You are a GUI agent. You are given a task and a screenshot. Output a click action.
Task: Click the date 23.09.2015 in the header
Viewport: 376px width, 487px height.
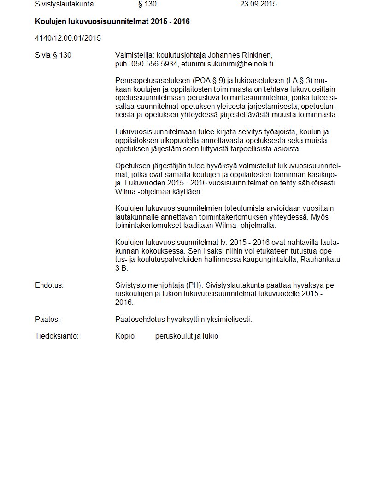pos(258,4)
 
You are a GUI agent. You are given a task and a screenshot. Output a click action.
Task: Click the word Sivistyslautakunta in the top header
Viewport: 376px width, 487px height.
pos(64,4)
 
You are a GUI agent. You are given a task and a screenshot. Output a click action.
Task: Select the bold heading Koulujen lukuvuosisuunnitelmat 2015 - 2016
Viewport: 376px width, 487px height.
pos(112,22)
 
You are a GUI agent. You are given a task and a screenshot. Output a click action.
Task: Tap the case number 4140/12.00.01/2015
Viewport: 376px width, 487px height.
pos(68,38)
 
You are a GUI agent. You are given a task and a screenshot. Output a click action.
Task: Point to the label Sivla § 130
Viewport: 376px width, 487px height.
pos(53,55)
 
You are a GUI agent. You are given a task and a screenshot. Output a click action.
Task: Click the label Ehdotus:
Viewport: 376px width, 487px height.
pos(49,285)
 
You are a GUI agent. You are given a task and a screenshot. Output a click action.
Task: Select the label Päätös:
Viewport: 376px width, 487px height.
pos(47,319)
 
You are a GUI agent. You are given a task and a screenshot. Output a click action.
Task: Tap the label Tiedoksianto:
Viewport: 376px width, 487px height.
pos(57,336)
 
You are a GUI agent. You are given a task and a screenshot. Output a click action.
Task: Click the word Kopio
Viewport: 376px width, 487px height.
pos(125,336)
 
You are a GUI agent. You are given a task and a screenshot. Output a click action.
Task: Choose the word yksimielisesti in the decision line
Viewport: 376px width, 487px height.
pos(231,319)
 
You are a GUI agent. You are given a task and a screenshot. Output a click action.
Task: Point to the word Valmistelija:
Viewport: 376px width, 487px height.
pos(135,55)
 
